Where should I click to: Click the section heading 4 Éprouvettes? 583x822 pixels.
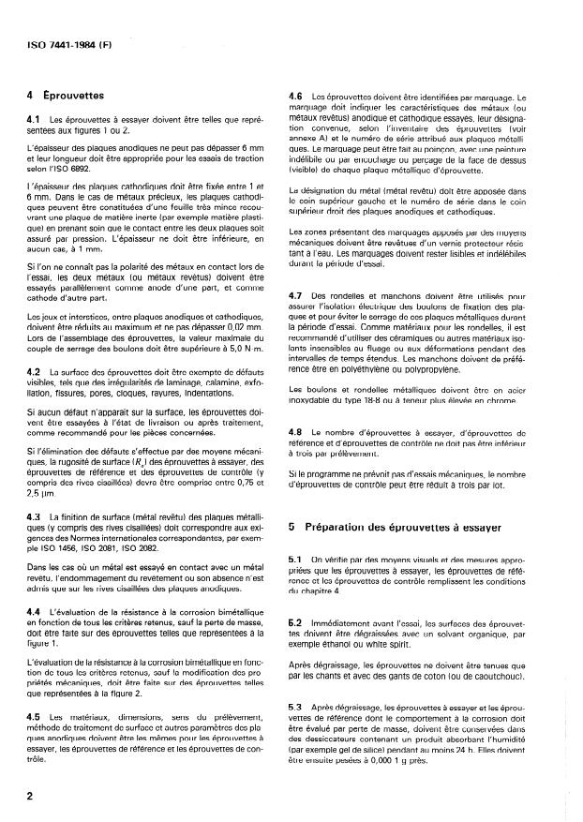[65, 95]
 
